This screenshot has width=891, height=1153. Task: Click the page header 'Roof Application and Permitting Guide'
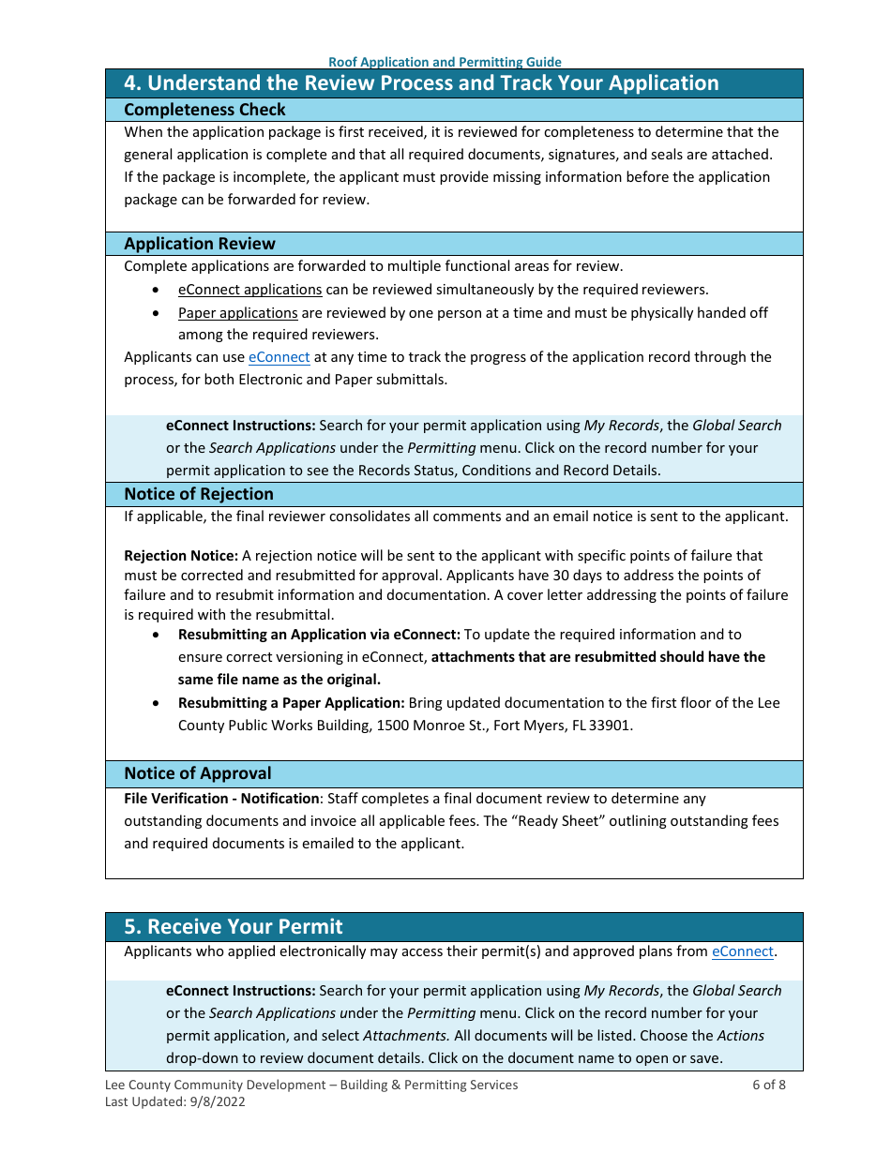[445, 62]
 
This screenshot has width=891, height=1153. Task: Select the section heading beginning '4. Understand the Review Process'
[421, 83]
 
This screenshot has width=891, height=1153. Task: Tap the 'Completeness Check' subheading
[204, 110]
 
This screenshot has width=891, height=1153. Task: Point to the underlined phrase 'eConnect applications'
[249, 290]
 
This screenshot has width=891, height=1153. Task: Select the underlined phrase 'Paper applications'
[237, 313]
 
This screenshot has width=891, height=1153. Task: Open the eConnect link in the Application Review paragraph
[279, 357]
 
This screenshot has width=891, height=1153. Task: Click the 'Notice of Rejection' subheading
[199, 494]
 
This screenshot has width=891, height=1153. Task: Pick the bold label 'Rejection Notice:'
[181, 556]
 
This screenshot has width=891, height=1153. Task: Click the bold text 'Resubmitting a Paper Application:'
[292, 703]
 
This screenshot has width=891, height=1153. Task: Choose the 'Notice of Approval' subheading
[198, 773]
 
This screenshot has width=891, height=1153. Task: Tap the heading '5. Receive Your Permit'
[234, 927]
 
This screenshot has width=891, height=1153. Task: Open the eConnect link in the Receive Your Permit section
[743, 951]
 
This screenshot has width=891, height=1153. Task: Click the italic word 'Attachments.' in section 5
[406, 1036]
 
